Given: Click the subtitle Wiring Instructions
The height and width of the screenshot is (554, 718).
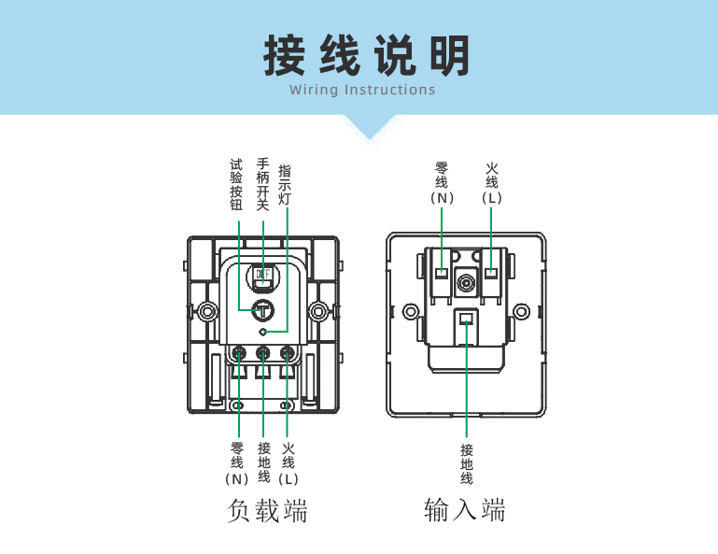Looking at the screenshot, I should coord(362,91).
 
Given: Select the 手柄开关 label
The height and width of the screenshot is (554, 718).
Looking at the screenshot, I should coord(262,184).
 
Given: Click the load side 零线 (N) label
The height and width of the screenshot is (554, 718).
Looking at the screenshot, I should coord(236,462).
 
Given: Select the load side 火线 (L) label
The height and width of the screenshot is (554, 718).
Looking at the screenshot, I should coord(289,462).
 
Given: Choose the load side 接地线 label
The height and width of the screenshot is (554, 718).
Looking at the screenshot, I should coord(264,462).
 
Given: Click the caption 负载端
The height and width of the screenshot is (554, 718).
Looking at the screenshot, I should coord(267,511).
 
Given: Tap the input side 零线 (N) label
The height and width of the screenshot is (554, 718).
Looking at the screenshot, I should coord(442,183).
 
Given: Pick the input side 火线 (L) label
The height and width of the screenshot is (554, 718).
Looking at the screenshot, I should coord(492,183).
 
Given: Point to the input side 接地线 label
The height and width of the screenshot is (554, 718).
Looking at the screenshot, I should coord(467,463).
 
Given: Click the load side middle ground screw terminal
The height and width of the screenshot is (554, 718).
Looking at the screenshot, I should coord(263,353).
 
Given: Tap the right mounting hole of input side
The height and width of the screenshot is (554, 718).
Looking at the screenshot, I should coord(523,311).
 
